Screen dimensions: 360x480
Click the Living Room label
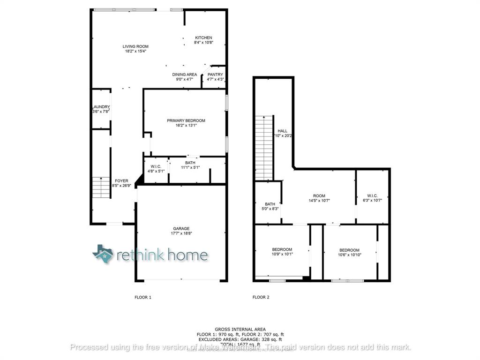(x=135, y=46)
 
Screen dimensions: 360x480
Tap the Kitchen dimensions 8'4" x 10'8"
(x=203, y=43)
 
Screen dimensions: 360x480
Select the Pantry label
(x=215, y=75)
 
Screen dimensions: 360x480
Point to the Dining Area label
(x=184, y=75)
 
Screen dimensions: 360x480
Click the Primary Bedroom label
(x=186, y=120)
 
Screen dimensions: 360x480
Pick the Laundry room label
(x=101, y=107)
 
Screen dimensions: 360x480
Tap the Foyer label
(x=121, y=180)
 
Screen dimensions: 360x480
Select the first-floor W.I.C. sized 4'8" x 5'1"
(x=156, y=167)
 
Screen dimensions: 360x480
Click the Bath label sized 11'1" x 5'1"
(x=190, y=163)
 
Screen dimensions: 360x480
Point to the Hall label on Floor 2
(x=282, y=131)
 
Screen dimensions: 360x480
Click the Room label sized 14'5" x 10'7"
(x=319, y=196)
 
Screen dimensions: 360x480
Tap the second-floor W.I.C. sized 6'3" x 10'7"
(x=372, y=196)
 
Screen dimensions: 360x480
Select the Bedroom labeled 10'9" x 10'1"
(x=282, y=249)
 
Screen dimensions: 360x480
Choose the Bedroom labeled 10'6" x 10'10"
(x=349, y=250)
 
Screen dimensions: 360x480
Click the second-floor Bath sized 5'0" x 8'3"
(x=270, y=204)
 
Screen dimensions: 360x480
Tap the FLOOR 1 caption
(x=143, y=297)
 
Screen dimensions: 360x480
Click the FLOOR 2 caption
(x=261, y=297)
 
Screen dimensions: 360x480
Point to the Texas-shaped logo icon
(x=103, y=254)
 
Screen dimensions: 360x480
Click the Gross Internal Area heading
(x=240, y=330)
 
